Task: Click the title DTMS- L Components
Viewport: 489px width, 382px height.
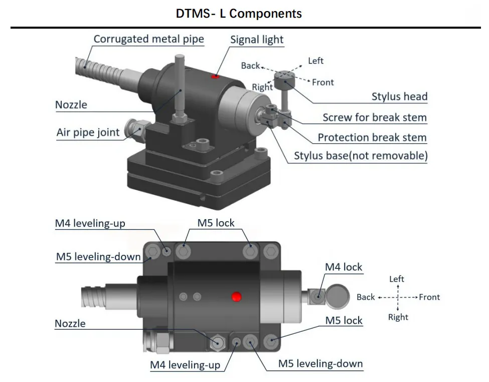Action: [x=239, y=14]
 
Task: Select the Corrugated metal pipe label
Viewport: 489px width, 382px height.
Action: [x=148, y=39]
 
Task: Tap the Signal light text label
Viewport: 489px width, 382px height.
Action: [x=257, y=40]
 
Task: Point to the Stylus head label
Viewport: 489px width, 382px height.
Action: [x=399, y=97]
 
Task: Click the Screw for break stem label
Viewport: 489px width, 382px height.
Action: [x=374, y=118]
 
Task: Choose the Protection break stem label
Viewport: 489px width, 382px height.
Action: [x=372, y=137]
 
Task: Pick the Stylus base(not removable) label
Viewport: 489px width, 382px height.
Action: [x=361, y=156]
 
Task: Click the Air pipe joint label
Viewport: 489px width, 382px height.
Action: [x=88, y=133]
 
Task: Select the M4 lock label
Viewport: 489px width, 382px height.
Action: [x=344, y=267]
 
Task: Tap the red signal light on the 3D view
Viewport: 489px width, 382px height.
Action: [x=215, y=76]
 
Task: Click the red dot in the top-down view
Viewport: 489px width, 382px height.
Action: [x=236, y=297]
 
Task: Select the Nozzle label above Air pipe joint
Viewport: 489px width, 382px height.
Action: [x=71, y=105]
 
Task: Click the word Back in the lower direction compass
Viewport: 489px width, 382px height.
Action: [x=366, y=297]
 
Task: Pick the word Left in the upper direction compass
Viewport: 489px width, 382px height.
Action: [x=315, y=61]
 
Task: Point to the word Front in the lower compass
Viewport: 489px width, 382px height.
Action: [x=429, y=297]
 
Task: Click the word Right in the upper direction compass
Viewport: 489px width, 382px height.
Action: [x=262, y=87]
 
